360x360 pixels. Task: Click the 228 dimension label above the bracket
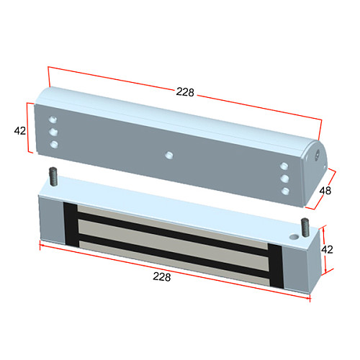pos(185,92)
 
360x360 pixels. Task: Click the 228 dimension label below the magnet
pos(162,276)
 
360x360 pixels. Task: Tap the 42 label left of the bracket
pos(19,131)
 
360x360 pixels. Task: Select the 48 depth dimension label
pos(325,191)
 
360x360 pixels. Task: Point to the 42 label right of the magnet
pos(327,250)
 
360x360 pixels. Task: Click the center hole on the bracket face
pos(169,155)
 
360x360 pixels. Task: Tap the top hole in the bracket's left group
pos(53,120)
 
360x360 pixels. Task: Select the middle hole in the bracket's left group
pos(53,132)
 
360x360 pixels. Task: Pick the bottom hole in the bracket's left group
pos(54,145)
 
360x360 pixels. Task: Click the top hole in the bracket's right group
pos(284,166)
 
